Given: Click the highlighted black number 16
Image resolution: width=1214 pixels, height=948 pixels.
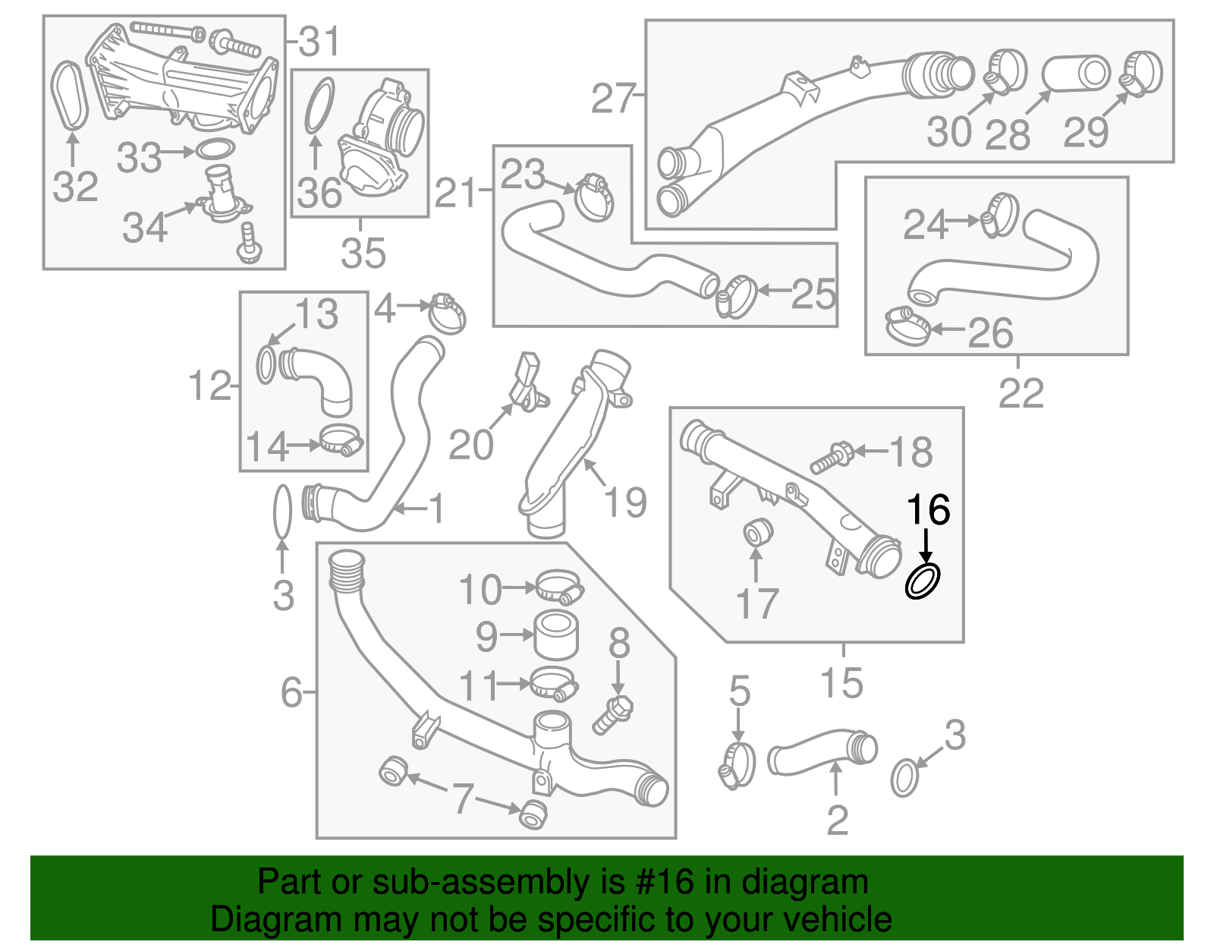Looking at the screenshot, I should click(928, 510).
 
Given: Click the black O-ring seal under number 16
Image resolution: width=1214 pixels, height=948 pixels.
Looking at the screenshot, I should click(923, 581).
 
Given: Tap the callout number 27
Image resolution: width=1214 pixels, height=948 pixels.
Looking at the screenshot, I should click(613, 99).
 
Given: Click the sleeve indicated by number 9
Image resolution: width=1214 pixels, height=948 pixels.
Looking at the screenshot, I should click(556, 635).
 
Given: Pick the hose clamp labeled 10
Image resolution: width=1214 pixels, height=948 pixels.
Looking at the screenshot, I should click(559, 587).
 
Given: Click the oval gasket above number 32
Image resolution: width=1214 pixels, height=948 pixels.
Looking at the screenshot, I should click(70, 94).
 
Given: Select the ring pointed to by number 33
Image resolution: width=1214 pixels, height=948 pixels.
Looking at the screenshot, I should click(215, 150).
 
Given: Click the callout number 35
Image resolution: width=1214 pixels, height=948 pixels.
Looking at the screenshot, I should click(363, 253).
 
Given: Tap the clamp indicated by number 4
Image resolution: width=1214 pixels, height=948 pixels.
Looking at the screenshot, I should click(448, 313).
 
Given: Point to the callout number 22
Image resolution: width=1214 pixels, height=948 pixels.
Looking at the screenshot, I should click(1021, 392).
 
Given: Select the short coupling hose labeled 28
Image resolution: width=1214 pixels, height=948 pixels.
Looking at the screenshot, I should click(1076, 74).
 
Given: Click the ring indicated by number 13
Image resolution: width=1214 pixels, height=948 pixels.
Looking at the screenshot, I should click(266, 365).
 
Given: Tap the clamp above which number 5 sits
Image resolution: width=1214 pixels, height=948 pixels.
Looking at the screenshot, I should click(737, 764).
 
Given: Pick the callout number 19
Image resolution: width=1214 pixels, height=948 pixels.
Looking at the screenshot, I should click(625, 502).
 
